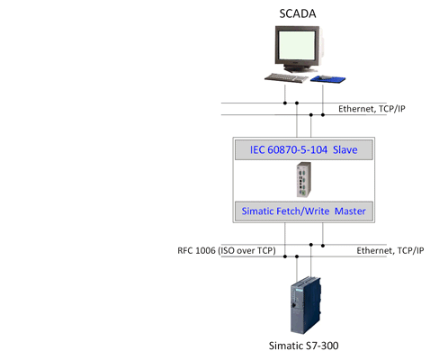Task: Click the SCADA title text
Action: tap(298, 13)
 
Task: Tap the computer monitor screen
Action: tap(297, 45)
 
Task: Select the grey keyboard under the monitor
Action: tap(287, 78)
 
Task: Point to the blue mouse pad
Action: tap(327, 79)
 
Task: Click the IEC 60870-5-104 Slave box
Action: tap(304, 149)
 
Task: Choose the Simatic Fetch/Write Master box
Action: tap(304, 211)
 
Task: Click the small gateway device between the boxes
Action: tap(304, 180)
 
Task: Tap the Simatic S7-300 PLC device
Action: tap(306, 305)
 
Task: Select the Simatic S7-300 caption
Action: tap(303, 346)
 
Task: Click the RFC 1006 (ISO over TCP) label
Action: tap(227, 250)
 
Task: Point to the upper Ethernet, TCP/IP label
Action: tap(372, 109)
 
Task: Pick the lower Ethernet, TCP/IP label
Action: tap(390, 250)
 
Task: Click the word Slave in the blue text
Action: tap(345, 149)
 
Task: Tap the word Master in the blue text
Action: tap(350, 211)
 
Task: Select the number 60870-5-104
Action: tap(297, 149)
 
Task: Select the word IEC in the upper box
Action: tap(257, 149)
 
